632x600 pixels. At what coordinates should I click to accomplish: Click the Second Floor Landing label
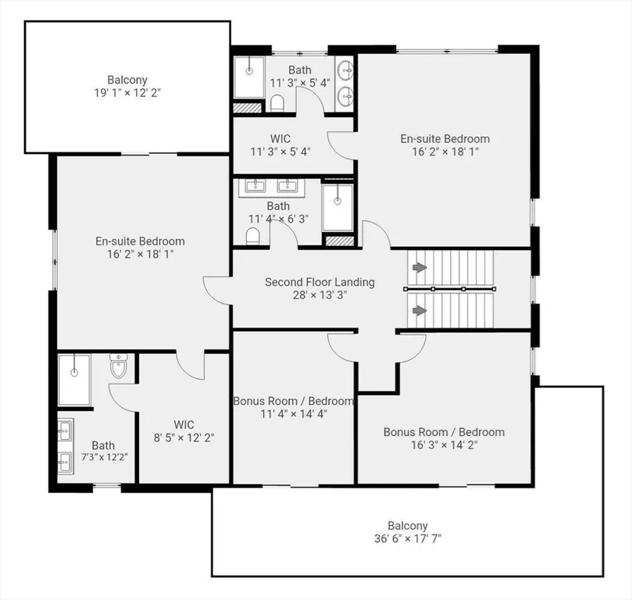(320, 282)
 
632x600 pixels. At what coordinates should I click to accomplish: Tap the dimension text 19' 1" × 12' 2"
(127, 92)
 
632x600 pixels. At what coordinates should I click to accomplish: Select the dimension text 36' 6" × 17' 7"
(408, 538)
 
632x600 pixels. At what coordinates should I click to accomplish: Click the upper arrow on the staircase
(420, 267)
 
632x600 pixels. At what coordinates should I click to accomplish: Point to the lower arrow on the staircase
(420, 310)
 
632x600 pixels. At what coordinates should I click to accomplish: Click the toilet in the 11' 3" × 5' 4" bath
(277, 103)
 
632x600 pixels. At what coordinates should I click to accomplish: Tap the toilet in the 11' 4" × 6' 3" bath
(253, 236)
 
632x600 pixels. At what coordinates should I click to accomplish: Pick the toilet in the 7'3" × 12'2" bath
(119, 366)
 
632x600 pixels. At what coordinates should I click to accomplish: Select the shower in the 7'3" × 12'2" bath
(74, 379)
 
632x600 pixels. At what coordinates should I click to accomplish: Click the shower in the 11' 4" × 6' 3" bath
(337, 207)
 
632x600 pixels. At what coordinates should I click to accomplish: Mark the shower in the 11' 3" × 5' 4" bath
(249, 77)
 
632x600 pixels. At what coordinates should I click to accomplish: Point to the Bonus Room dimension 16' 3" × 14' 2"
(443, 445)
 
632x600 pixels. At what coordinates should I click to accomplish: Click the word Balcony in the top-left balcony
(127, 80)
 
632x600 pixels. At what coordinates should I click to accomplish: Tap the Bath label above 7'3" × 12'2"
(103, 445)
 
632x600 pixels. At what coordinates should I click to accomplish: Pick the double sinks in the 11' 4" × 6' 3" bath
(271, 185)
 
